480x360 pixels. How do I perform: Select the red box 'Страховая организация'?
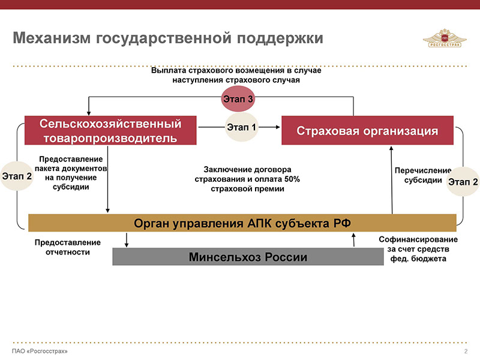tap(368, 131)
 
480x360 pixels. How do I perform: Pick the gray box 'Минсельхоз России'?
tap(248, 257)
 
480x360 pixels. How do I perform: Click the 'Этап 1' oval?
tap(241, 127)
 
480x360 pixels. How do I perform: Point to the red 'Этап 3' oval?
tap(239, 98)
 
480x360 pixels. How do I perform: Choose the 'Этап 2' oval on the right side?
tap(463, 181)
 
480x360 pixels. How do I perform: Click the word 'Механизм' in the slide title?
tap(50, 38)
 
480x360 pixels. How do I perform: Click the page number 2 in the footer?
tap(466, 350)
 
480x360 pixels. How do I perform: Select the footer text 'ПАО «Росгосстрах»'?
tap(40, 350)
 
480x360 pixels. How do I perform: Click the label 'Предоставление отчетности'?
tap(67, 247)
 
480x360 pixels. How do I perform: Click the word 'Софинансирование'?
tap(418, 239)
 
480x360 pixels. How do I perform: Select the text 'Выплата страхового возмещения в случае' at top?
tap(236, 71)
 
